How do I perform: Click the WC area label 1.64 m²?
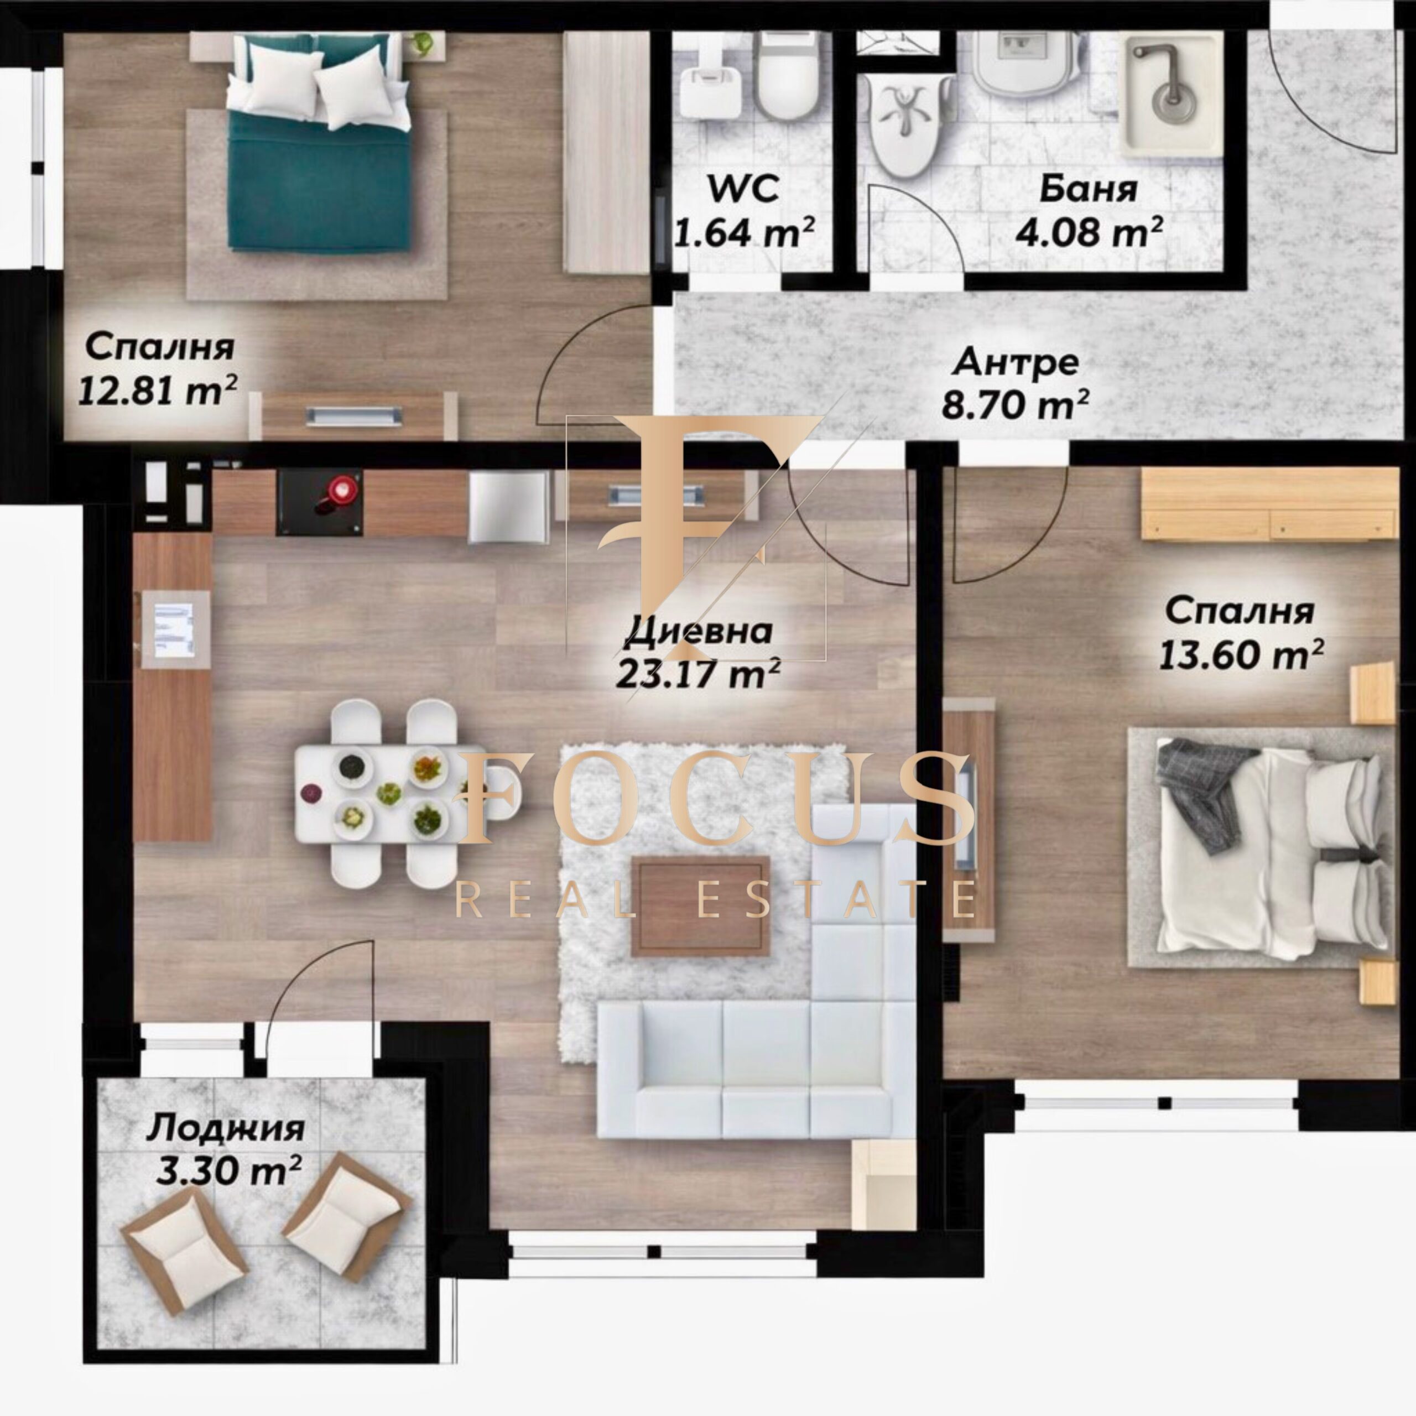click(x=745, y=233)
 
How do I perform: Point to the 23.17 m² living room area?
click(x=697, y=672)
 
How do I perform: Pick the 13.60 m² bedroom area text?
click(x=1241, y=654)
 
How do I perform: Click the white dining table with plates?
click(x=381, y=793)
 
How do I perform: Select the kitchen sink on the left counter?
click(x=174, y=629)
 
